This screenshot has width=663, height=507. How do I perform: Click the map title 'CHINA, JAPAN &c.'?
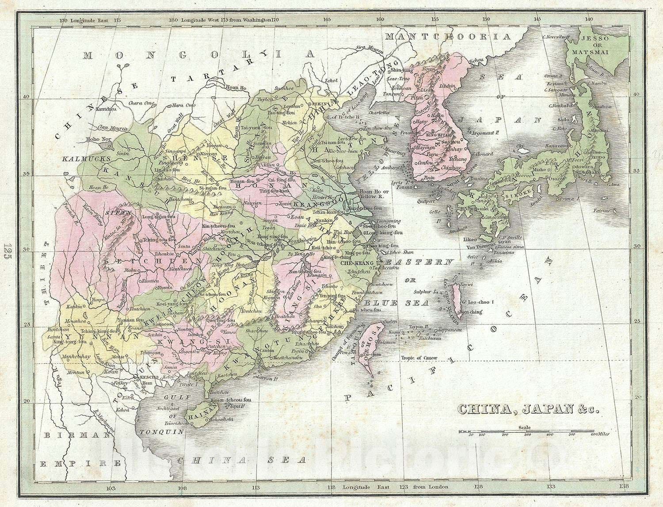click(528, 408)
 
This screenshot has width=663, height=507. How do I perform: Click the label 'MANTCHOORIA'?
click(447, 37)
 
